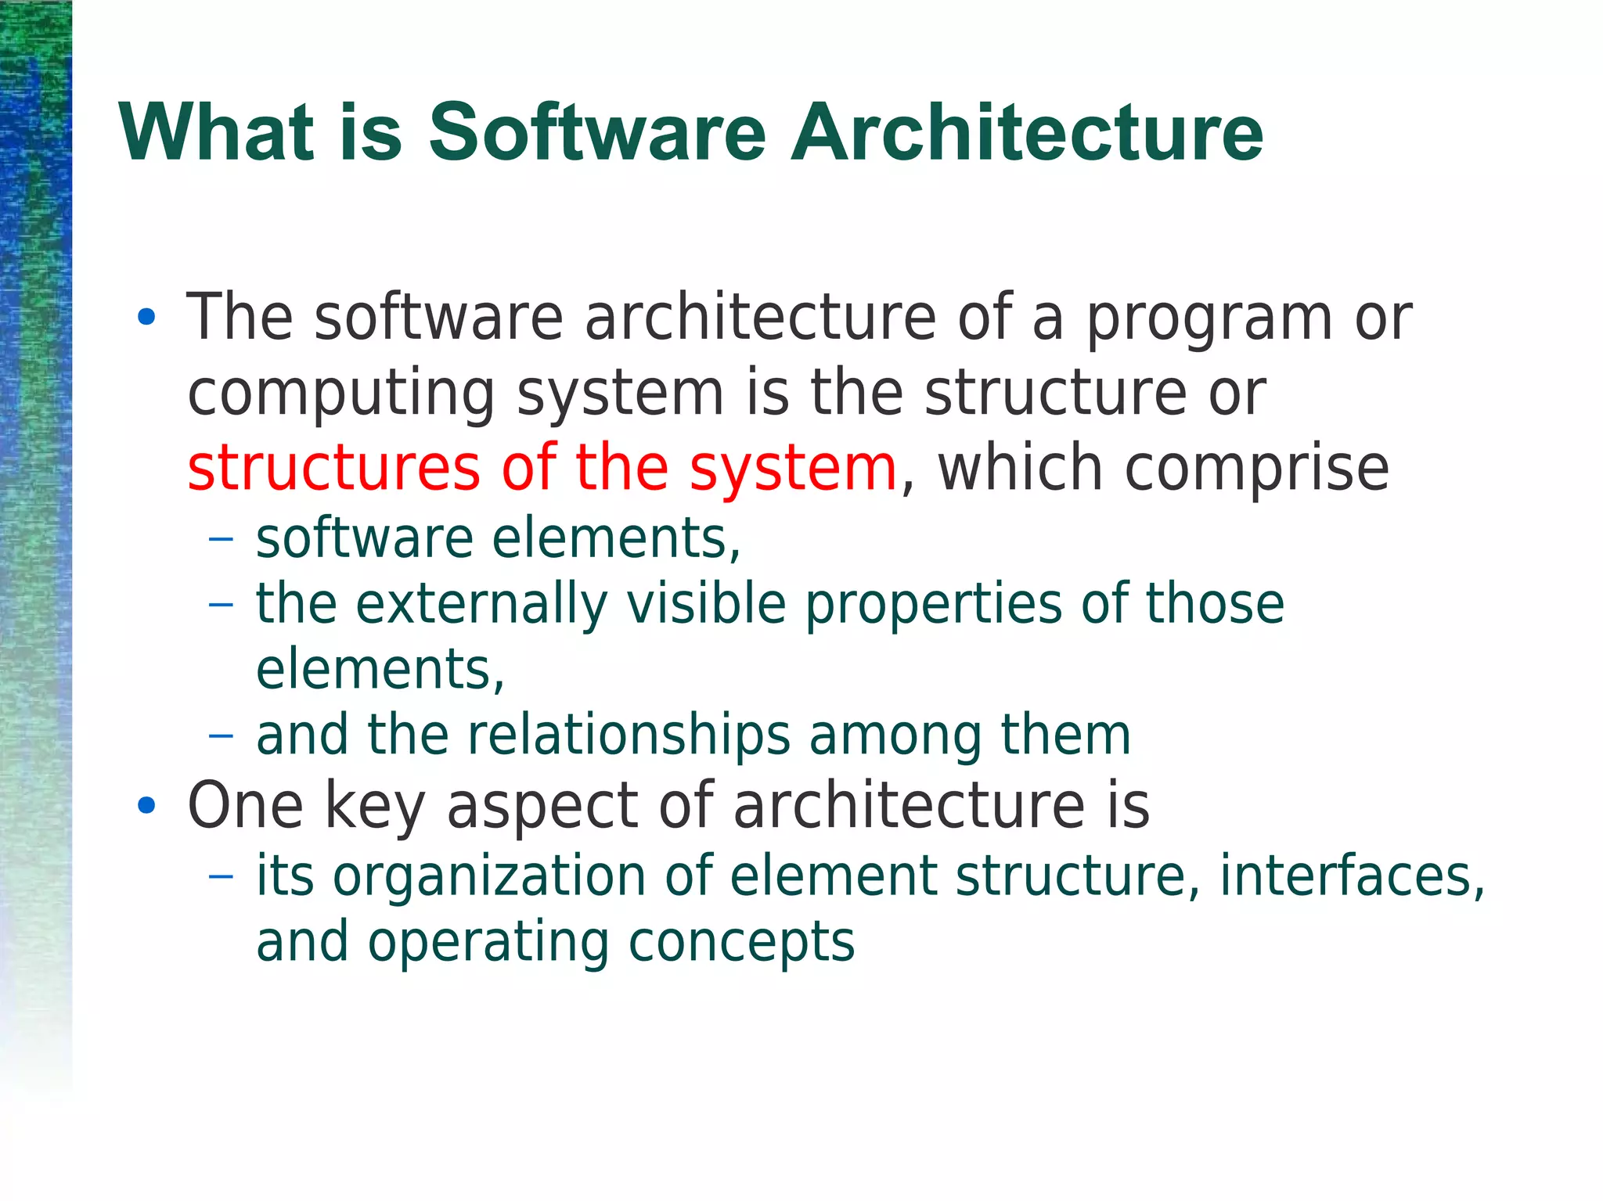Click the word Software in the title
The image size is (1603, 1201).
coord(597,133)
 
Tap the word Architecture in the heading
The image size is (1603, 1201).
coord(1026,133)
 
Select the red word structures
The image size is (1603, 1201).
coord(333,468)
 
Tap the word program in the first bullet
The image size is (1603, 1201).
coord(1209,319)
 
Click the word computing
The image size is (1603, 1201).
coord(341,394)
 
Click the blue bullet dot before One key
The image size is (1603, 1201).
coord(146,805)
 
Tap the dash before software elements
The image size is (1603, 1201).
coord(222,539)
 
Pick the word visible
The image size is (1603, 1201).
coord(707,605)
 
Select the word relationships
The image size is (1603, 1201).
coord(629,736)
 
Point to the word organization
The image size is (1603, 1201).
coord(489,876)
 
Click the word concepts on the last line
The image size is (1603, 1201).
coord(741,942)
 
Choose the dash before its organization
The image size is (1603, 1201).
coord(222,876)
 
